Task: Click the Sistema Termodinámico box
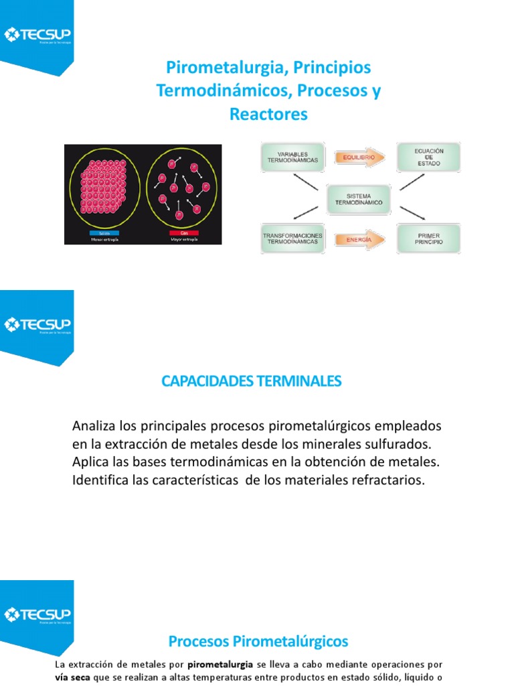click(359, 198)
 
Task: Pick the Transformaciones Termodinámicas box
click(292, 239)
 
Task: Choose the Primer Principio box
click(428, 239)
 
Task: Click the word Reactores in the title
click(268, 115)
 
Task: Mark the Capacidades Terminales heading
click(252, 381)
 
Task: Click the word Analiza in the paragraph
click(93, 426)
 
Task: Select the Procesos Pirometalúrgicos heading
click(258, 641)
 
